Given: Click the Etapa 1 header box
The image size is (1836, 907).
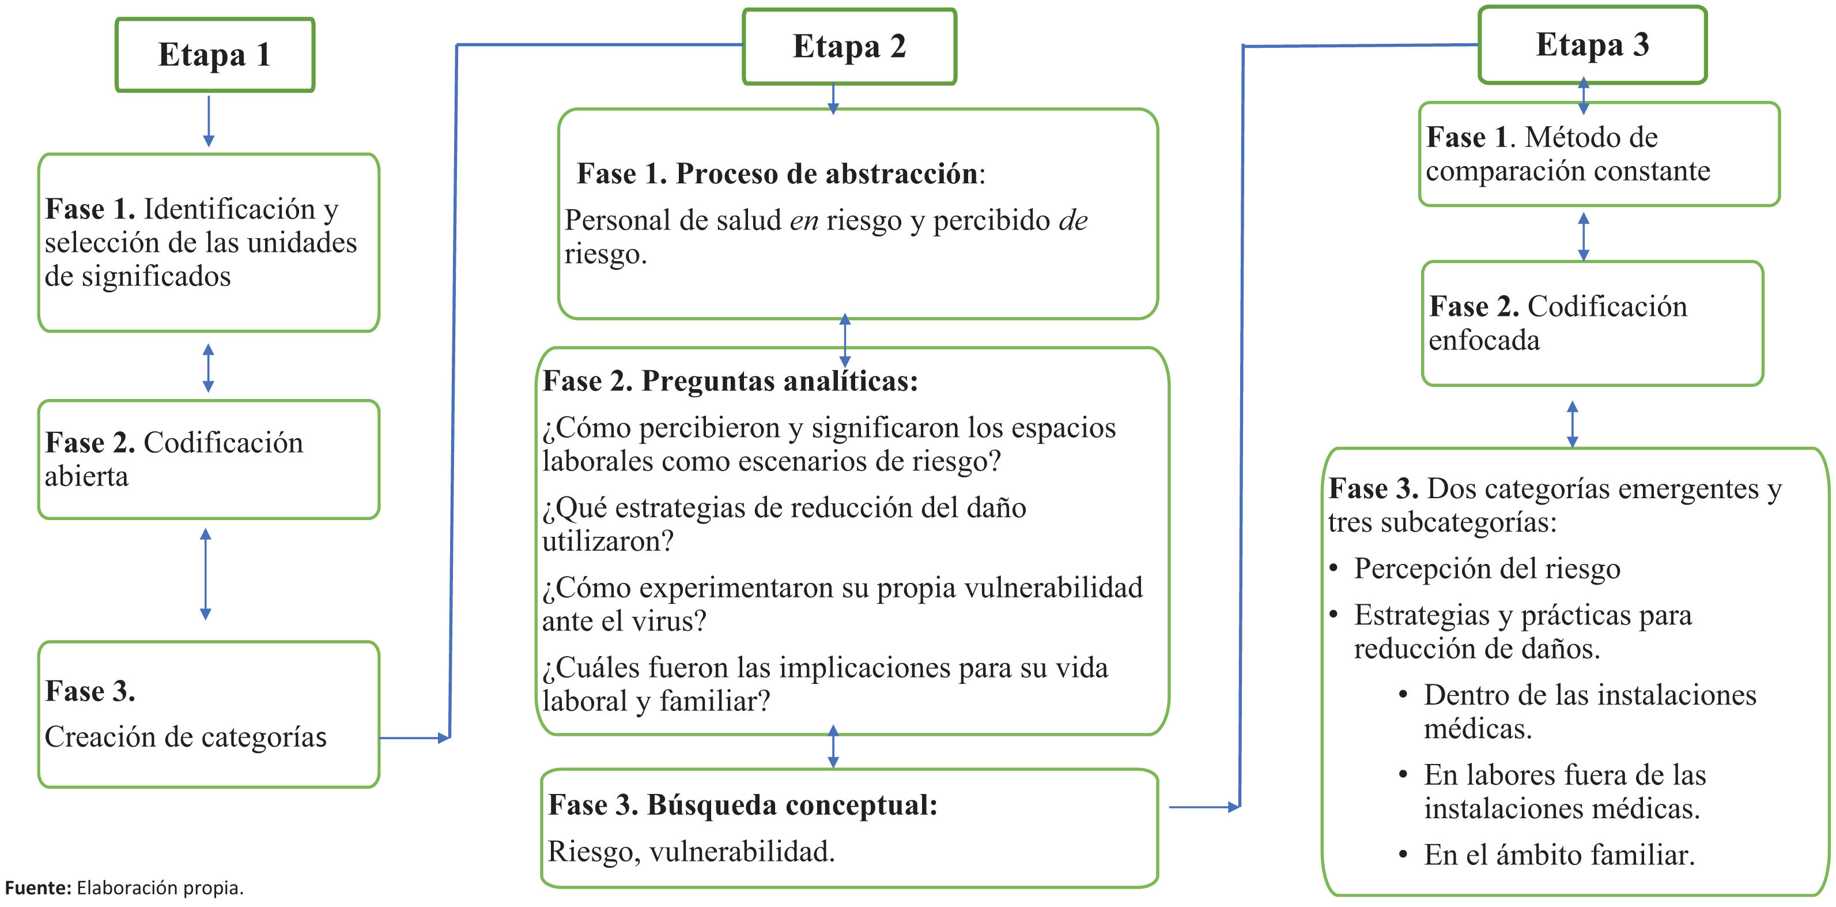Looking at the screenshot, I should [214, 55].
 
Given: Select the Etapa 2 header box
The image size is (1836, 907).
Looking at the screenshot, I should [849, 46].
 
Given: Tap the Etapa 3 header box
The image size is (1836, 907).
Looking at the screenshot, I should [1592, 45].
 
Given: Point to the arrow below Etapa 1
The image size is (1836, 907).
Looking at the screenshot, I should [208, 121].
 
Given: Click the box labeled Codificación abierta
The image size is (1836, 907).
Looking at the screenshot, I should [208, 459].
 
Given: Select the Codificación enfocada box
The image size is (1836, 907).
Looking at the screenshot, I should [1592, 323].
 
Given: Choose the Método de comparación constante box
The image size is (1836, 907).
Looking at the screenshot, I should [1599, 154].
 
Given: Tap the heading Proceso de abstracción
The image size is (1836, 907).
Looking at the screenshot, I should [827, 174].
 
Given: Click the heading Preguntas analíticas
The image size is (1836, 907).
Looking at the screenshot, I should [779, 382].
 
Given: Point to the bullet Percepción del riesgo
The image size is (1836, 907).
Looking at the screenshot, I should [1487, 569].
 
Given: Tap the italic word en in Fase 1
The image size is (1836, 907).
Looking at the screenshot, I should [803, 221].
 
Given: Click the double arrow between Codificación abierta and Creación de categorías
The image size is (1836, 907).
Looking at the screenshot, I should [205, 574].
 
